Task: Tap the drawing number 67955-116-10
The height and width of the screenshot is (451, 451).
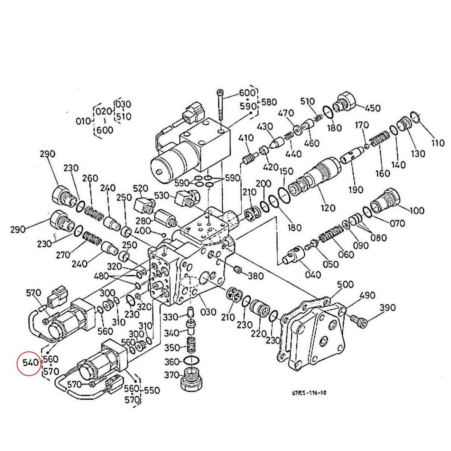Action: tap(309, 393)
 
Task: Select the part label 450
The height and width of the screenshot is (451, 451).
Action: tap(373, 108)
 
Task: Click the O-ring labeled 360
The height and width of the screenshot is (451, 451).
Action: tap(192, 361)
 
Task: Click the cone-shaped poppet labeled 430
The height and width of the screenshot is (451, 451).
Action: tap(278, 142)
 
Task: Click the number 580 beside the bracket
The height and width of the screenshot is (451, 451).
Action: tap(269, 102)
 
